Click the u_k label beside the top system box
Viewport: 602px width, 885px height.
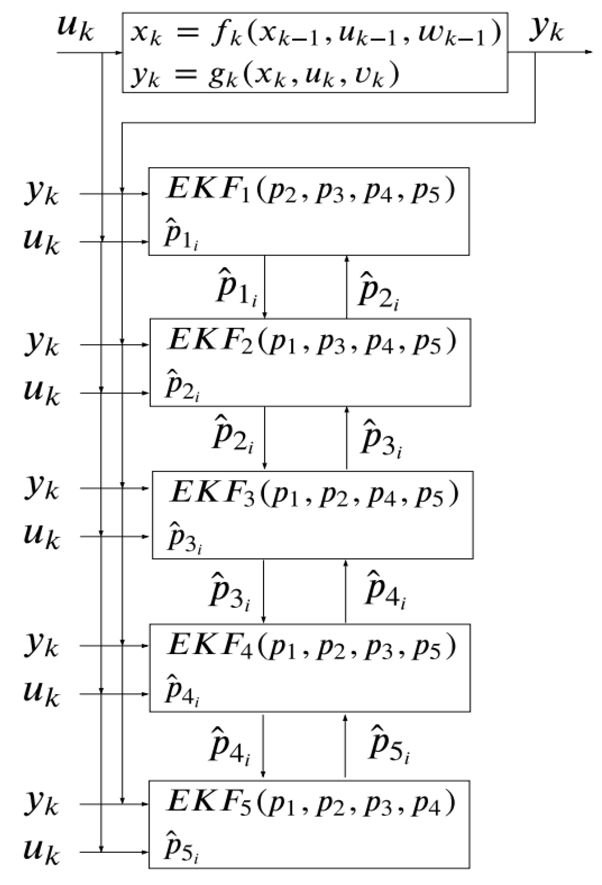coord(75,29)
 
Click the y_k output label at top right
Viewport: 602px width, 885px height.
coord(546,29)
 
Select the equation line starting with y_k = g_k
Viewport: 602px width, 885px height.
coord(265,75)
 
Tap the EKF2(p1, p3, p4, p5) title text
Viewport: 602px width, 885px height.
coord(311,342)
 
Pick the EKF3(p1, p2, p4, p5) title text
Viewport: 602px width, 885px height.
coord(314,494)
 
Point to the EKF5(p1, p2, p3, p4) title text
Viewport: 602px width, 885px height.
coord(311,803)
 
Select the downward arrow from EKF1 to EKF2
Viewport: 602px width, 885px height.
coord(265,287)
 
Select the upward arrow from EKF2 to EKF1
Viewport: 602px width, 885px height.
coord(347,287)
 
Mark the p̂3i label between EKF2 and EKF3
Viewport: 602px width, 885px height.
coord(381,440)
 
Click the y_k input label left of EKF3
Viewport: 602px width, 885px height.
coord(42,488)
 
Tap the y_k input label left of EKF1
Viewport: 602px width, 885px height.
coord(42,193)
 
